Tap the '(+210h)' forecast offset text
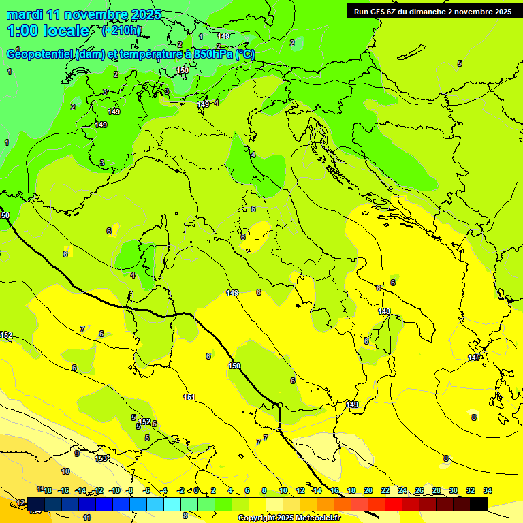coord(121,30)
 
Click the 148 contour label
coord(385,311)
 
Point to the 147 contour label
coord(474,358)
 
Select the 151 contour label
coord(189,397)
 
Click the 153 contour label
coord(101,458)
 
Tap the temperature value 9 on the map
coord(76,454)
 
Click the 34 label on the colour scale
coord(488,490)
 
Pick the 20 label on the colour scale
coord(368,490)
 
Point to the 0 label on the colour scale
coord(196,490)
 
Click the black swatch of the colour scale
coord(479,504)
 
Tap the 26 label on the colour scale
coord(419,490)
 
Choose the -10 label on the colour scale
coord(114,490)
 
